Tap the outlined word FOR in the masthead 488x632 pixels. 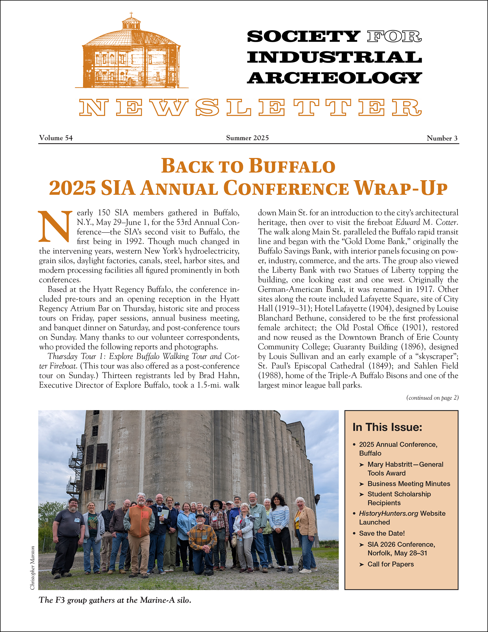coord(394,37)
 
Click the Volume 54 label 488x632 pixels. coord(56,138)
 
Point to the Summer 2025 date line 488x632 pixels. coord(247,138)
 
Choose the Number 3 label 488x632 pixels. coord(442,138)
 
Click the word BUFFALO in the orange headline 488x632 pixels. coord(292,166)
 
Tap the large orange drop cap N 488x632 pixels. coord(55,226)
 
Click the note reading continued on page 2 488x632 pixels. coord(432,398)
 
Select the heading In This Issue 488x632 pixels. coord(387,427)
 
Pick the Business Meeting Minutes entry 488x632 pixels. coord(409,484)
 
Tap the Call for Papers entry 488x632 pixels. coord(390,564)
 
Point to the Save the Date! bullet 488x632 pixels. coord(382,533)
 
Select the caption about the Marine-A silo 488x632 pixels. coord(115,600)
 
